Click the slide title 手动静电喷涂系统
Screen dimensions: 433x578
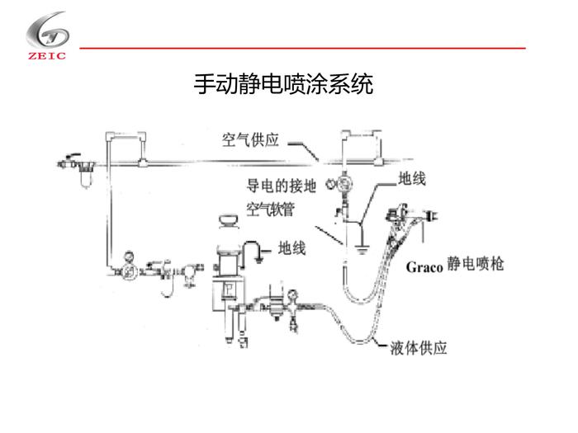[x=283, y=84]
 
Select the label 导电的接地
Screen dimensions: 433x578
[x=282, y=186]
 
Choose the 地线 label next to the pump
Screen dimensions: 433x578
[x=292, y=247]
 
